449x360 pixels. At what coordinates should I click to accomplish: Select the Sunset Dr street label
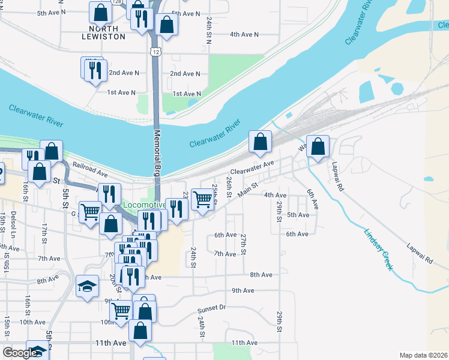[211, 308]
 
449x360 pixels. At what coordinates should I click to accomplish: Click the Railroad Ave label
[89, 169]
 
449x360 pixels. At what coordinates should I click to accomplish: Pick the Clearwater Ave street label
[252, 167]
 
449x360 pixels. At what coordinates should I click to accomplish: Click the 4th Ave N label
[244, 34]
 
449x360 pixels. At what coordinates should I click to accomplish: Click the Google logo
[20, 353]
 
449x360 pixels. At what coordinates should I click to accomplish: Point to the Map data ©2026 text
[424, 355]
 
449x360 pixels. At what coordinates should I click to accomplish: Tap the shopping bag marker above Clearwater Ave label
[260, 142]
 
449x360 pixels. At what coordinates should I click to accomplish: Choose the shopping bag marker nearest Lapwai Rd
[318, 146]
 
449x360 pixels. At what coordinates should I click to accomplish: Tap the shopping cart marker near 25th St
[202, 199]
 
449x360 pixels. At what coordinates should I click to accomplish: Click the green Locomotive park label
[144, 205]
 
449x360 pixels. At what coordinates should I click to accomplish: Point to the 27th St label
[243, 244]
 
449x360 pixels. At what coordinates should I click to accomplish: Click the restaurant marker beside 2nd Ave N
[94, 70]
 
